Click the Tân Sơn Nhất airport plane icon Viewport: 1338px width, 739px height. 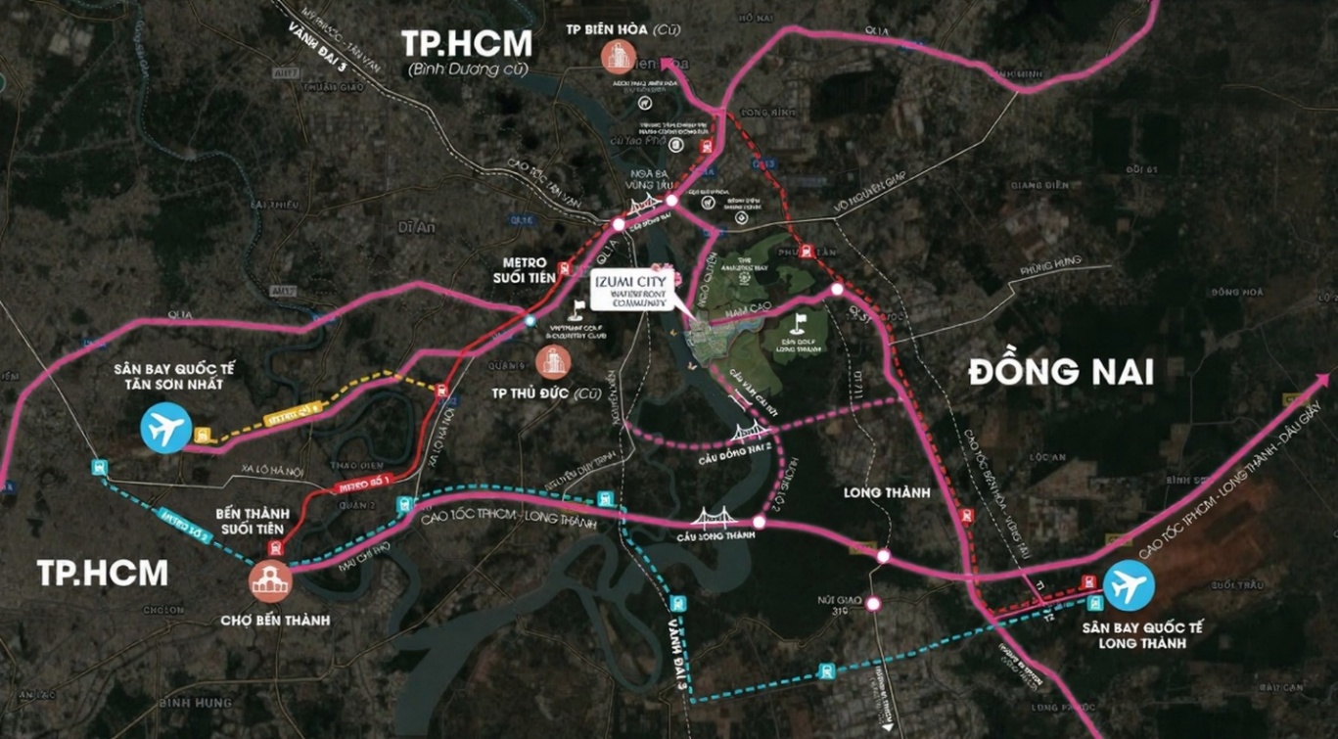(x=165, y=428)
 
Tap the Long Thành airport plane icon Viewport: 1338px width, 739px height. (x=1129, y=584)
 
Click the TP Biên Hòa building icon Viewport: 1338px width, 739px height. (x=619, y=56)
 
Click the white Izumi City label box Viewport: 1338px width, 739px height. (x=628, y=291)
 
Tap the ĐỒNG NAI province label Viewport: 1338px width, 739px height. (x=1060, y=372)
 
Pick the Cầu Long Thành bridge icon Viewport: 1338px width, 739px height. (x=715, y=518)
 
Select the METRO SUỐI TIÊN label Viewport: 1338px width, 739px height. (x=531, y=269)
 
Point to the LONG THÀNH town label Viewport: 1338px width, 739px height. (x=886, y=493)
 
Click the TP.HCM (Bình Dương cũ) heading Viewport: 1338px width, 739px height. (x=467, y=52)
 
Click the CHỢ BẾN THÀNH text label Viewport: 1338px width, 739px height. (x=275, y=620)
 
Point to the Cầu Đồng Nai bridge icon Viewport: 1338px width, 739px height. (x=643, y=208)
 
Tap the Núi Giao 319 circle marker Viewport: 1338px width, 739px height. (x=873, y=604)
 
